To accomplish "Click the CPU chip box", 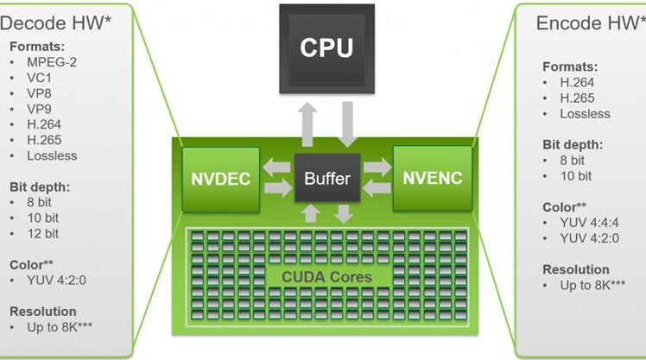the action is click(326, 48).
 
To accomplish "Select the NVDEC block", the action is click(221, 180).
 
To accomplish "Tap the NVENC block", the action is click(433, 179).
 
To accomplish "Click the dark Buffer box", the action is click(327, 178).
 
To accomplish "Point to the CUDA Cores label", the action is click(326, 277).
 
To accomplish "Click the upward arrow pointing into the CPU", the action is click(307, 124).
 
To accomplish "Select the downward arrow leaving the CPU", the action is click(347, 124).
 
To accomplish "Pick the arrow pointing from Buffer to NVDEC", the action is click(277, 168).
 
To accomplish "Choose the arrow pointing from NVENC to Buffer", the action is click(377, 188).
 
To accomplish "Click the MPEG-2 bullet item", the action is click(52, 62).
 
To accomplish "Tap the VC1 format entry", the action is click(39, 78).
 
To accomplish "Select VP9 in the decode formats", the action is click(39, 109).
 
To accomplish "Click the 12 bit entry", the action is click(43, 234).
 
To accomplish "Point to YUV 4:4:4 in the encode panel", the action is click(589, 223).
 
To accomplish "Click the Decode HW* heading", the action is click(55, 23).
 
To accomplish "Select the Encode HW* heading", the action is click(591, 23).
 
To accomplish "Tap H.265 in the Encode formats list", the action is click(577, 98).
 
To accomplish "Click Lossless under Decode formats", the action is click(52, 155).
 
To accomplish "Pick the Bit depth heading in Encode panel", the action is click(573, 145).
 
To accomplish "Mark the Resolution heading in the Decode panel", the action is click(43, 312).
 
